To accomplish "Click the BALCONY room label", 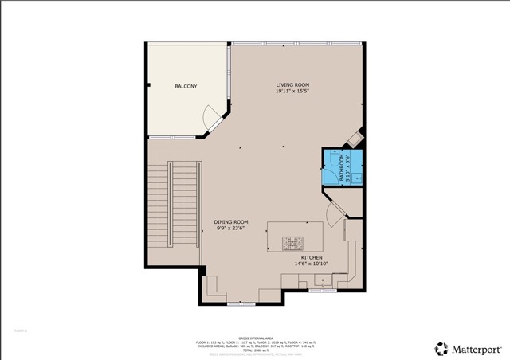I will coord(186,86).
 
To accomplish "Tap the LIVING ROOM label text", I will coord(292,84).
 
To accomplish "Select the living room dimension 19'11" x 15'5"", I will coord(292,92).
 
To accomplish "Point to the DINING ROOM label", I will coord(231,221).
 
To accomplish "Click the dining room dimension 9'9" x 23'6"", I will coord(231,229).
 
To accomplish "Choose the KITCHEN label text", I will coord(309,258).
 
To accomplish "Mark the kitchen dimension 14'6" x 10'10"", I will coord(309,264).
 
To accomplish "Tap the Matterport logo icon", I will coord(440,348).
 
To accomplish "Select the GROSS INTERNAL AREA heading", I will coord(255,337).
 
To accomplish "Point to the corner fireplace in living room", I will coord(353,139).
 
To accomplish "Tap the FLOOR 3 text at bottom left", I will coord(21,330).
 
